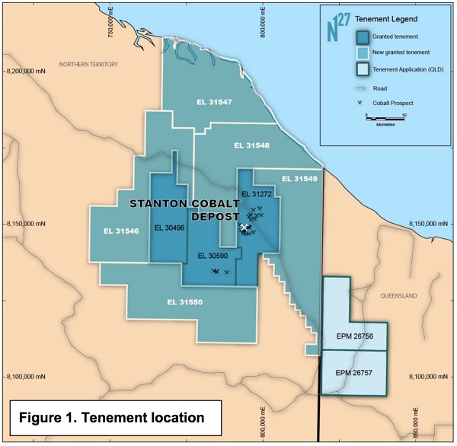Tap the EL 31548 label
point(251,145)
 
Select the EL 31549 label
point(299,179)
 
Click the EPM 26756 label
point(354,336)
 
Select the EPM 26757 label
point(354,373)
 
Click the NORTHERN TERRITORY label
point(88,65)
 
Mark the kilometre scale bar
point(385,116)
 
